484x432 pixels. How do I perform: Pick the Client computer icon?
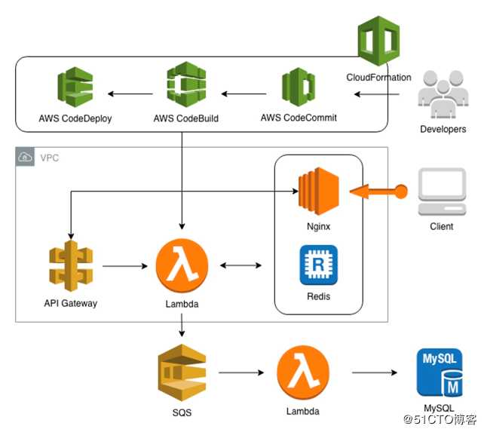click(x=441, y=193)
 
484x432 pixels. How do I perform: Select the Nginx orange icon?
click(x=317, y=190)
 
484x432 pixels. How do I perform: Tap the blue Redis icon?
click(x=318, y=265)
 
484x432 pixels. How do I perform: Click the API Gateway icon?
click(x=70, y=266)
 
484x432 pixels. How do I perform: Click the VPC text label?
click(x=50, y=158)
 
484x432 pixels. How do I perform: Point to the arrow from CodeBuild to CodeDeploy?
click(x=132, y=94)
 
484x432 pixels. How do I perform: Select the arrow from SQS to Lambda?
click(x=241, y=372)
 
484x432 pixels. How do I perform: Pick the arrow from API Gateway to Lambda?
click(x=124, y=266)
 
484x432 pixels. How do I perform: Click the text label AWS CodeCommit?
click(x=299, y=118)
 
